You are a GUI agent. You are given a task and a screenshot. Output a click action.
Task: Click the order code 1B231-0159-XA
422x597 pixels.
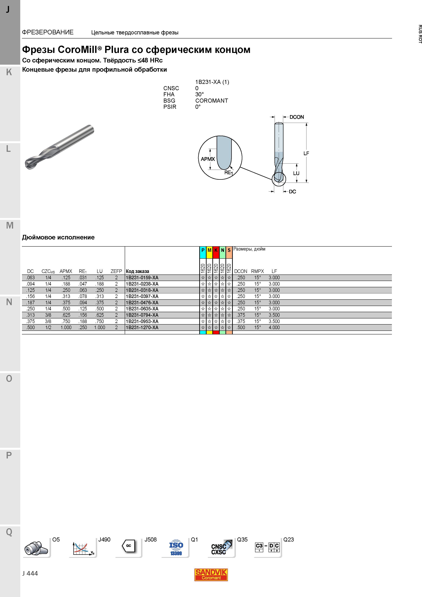[x=142, y=278]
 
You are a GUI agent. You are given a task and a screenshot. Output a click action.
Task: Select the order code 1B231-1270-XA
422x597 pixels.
[x=142, y=328]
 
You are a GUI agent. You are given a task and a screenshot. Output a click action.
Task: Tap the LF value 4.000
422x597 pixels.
[x=274, y=328]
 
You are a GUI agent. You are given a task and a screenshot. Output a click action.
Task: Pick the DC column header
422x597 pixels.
[x=30, y=271]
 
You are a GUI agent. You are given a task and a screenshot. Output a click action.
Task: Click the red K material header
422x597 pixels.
[x=216, y=250]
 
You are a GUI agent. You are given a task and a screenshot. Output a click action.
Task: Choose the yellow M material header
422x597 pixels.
[x=209, y=250]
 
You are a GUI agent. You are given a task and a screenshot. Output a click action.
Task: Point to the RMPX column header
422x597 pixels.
[x=257, y=271]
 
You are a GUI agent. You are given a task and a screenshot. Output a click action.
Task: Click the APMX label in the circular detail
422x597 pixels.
[x=208, y=159]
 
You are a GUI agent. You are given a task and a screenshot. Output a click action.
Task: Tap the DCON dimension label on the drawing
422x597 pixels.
[x=297, y=117]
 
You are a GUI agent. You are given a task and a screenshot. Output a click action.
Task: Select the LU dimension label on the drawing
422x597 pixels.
[x=296, y=173]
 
